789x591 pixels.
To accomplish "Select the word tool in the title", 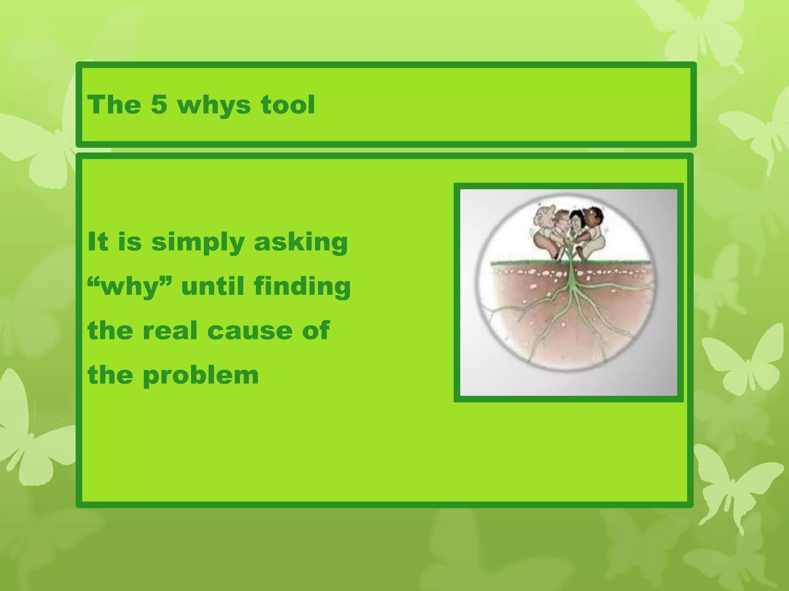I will click(x=288, y=104).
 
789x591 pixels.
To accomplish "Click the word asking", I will click(x=300, y=242).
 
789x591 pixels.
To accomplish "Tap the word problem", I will click(x=200, y=375).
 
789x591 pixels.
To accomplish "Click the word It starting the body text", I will click(x=97, y=242).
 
